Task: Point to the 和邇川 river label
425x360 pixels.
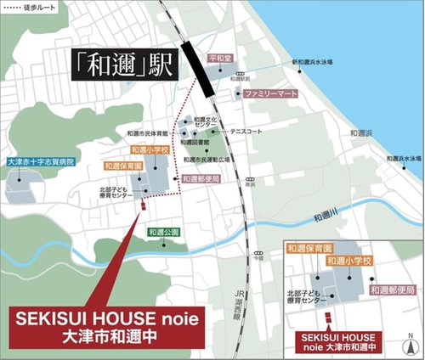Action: pyautogui.click(x=327, y=217)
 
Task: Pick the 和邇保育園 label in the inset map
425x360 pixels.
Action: pyautogui.click(x=308, y=249)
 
